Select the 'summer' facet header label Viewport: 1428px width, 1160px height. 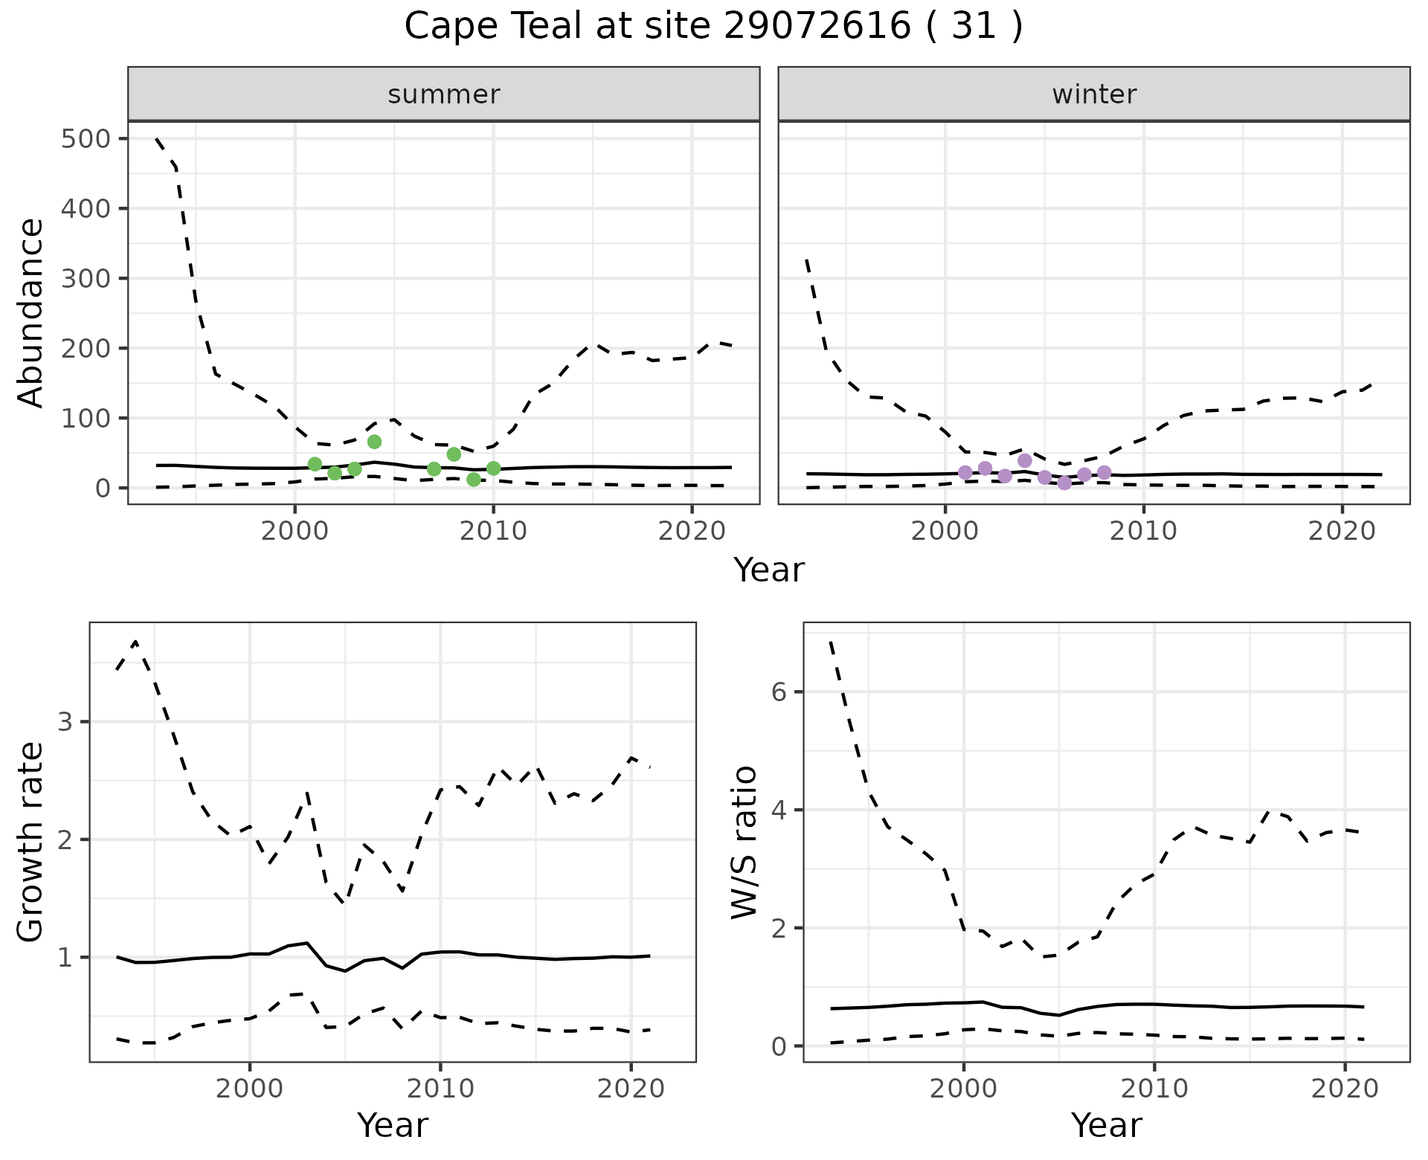pos(444,94)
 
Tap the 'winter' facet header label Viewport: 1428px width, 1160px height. pos(1094,94)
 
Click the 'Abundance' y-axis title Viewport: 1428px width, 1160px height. pos(31,312)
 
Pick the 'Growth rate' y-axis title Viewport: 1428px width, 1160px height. pos(31,842)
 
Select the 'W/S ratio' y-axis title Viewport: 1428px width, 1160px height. pos(744,842)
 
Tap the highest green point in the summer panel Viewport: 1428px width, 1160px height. pos(374,442)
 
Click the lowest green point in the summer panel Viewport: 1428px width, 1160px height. pos(474,480)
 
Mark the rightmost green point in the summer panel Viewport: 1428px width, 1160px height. pos(493,468)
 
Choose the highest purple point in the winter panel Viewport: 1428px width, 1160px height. pos(1025,460)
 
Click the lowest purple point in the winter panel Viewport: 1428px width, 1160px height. pos(1064,483)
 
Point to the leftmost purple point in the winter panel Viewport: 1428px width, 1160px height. pos(965,472)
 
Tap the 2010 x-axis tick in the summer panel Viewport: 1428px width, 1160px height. pos(493,531)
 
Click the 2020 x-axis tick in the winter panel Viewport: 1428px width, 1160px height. pos(1342,531)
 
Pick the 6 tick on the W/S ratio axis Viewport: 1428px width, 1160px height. pos(778,692)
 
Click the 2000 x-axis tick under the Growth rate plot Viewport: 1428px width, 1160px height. pos(250,1089)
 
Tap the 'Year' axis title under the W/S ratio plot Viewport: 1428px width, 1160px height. pos(1107,1126)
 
